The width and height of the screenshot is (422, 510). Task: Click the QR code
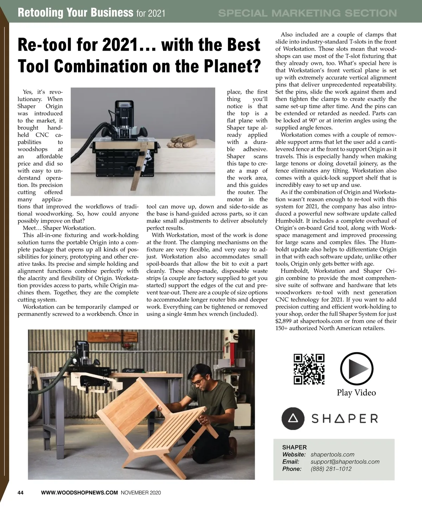tap(309, 369)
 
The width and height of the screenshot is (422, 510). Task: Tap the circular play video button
tap(357, 368)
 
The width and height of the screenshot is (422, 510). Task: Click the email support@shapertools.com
tap(345, 462)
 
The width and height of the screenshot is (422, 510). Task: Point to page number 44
tap(20, 493)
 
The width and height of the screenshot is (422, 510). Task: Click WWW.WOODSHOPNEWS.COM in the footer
tap(79, 493)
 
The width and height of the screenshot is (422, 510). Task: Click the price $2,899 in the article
tap(283, 321)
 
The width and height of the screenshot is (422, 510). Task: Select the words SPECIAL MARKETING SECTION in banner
tap(307, 13)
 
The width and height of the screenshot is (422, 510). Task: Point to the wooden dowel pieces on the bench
tap(182, 143)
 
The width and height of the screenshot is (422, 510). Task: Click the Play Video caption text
tap(356, 393)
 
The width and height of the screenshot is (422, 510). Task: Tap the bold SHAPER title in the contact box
tap(294, 447)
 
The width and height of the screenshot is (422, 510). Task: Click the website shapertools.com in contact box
tap(332, 454)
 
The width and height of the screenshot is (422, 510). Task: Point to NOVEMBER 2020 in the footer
tap(141, 493)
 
